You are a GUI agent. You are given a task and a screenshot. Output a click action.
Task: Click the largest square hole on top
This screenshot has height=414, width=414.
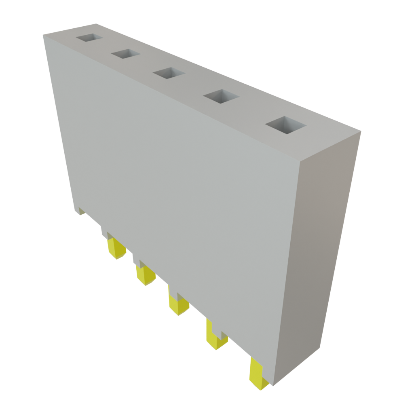pyautogui.click(x=286, y=125)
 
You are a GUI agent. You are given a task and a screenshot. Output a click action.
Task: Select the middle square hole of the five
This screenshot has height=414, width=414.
pyautogui.click(x=169, y=73)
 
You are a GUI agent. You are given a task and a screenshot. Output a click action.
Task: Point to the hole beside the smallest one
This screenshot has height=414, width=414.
pyautogui.click(x=126, y=54)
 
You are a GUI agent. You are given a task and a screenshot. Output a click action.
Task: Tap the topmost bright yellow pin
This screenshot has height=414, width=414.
pyautogui.click(x=116, y=247)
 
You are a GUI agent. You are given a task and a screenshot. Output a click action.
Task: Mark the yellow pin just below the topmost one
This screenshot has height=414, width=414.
pyautogui.click(x=145, y=274)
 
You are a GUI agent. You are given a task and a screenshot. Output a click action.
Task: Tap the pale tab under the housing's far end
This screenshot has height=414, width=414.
pyautogui.click(x=81, y=211)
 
